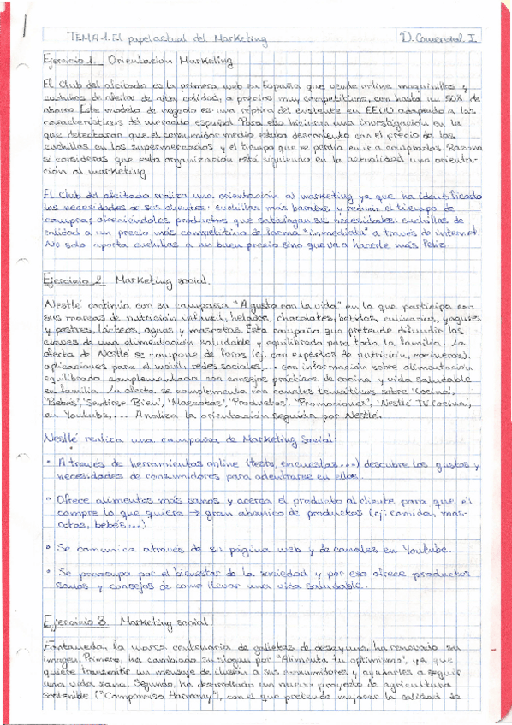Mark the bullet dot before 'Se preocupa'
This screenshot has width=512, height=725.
pyautogui.click(x=46, y=571)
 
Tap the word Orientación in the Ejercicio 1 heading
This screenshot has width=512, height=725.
pyautogui.click(x=146, y=61)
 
